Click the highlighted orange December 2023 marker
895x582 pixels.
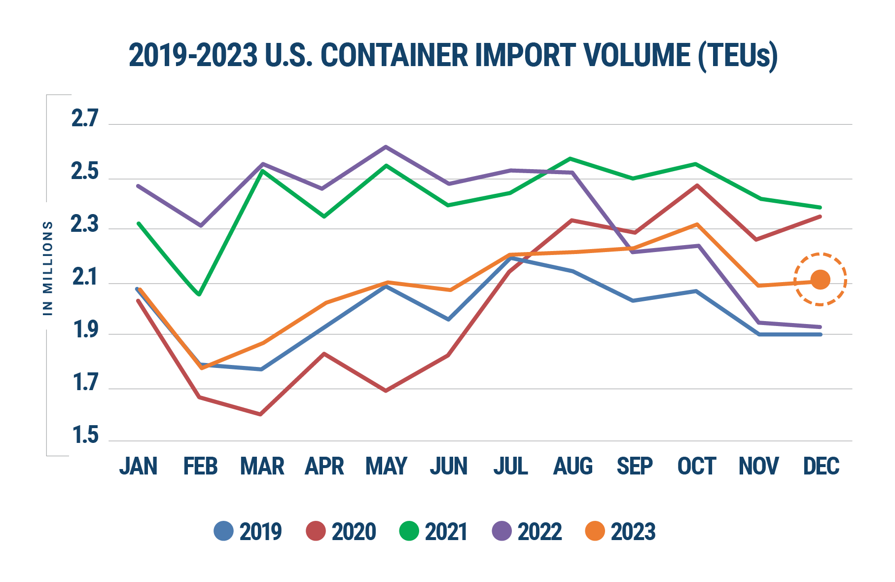(x=820, y=280)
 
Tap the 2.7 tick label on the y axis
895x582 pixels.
(x=85, y=119)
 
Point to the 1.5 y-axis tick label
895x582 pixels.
(x=85, y=436)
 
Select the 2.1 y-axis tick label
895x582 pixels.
(x=85, y=278)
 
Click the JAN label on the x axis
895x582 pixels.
(x=138, y=466)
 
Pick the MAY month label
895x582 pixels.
(x=386, y=466)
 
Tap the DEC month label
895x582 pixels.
(x=821, y=466)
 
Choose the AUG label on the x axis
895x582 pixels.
(x=573, y=466)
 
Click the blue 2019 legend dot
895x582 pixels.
(x=223, y=531)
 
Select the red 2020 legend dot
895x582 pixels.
(x=316, y=531)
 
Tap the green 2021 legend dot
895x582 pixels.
(x=409, y=531)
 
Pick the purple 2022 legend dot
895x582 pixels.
(x=502, y=531)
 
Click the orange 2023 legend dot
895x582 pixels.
(x=595, y=531)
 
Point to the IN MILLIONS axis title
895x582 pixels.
(x=48, y=268)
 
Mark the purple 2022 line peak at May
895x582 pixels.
(x=386, y=146)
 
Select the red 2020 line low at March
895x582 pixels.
(x=260, y=414)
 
